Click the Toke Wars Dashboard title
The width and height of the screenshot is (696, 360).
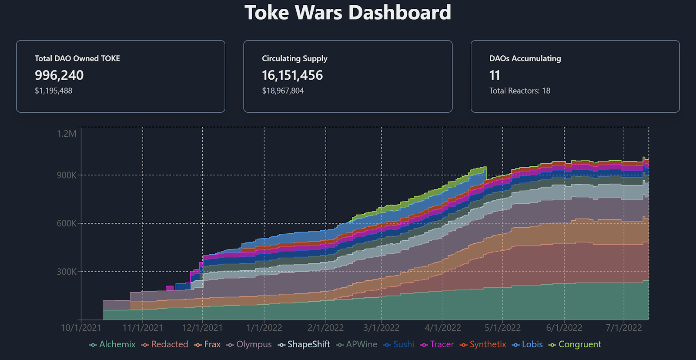[x=348, y=13]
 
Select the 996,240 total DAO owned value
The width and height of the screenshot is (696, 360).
[x=59, y=75]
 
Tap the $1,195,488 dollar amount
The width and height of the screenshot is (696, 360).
[x=54, y=91]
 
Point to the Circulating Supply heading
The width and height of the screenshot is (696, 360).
[x=294, y=58]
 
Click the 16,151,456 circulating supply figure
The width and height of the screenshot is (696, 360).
[x=292, y=75]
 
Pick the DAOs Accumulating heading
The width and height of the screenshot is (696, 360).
[x=525, y=58]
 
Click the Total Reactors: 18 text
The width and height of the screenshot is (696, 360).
[x=520, y=91]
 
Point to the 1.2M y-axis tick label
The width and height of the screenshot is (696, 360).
[x=67, y=134]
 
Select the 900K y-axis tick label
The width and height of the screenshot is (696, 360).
[x=67, y=175]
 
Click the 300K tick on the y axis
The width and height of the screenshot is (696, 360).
[x=67, y=272]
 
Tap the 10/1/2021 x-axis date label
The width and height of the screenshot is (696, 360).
[x=81, y=328]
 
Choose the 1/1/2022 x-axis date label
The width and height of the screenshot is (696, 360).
[x=264, y=328]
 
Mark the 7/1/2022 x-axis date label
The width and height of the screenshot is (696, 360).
[x=624, y=328]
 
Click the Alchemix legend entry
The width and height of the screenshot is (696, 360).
[x=113, y=344]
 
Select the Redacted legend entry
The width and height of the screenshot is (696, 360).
[x=165, y=344]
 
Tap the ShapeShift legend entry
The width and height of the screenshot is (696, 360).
[x=304, y=344]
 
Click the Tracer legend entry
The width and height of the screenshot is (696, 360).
[x=438, y=344]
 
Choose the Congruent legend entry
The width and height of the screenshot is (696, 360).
[x=575, y=344]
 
